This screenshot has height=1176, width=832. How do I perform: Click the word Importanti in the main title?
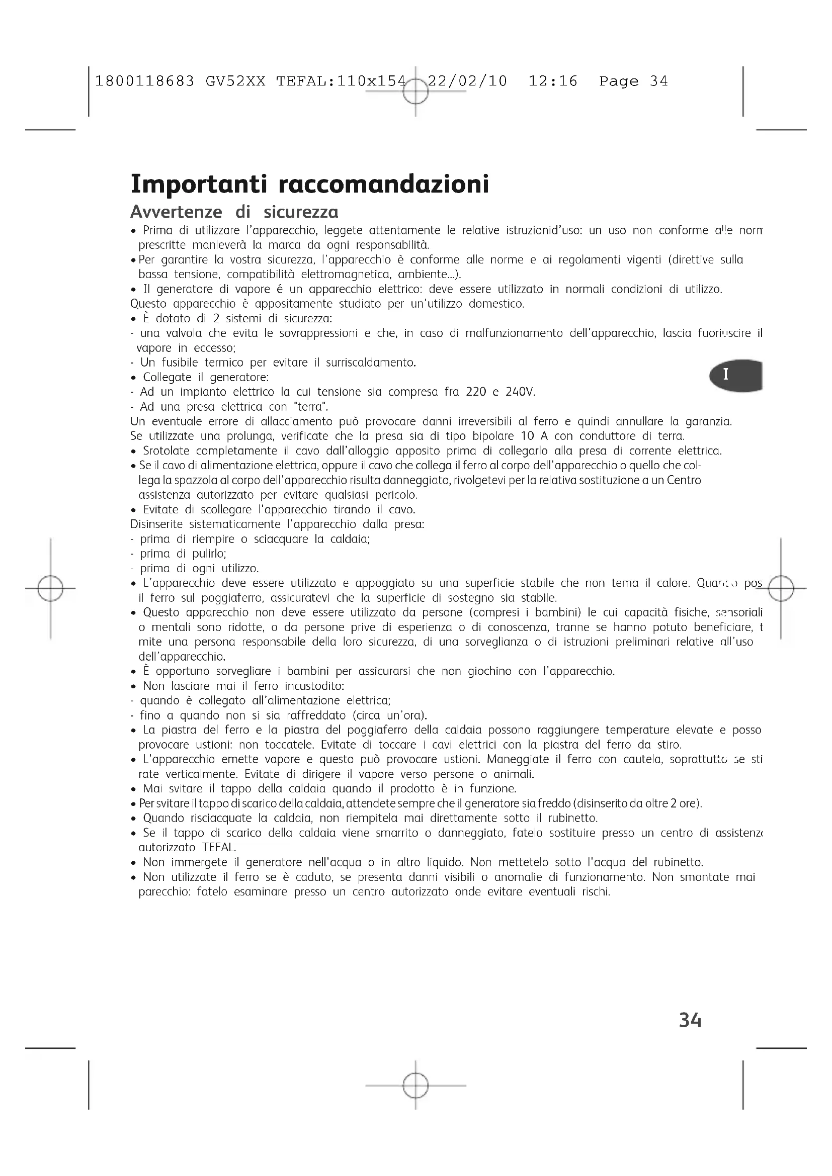[x=199, y=185]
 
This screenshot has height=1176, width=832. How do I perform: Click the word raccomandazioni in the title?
[x=384, y=185]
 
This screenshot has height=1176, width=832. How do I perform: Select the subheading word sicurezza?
[x=301, y=212]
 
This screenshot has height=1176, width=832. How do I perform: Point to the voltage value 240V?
[x=520, y=392]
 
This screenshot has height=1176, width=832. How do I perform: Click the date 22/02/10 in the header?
[x=467, y=81]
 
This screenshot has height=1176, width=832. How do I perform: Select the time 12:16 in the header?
[x=553, y=81]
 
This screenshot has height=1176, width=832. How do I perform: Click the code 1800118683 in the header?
[x=145, y=81]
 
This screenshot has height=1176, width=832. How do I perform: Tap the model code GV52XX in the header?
[x=235, y=81]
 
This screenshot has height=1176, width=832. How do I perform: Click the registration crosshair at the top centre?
[x=415, y=91]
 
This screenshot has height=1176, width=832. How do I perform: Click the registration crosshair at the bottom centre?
[x=415, y=1085]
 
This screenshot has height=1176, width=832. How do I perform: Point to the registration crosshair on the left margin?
[x=50, y=588]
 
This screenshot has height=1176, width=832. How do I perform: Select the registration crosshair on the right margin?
[x=781, y=588]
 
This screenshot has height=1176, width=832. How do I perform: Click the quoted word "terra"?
[x=309, y=407]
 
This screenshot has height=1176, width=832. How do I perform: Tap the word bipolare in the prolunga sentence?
[x=493, y=436]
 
